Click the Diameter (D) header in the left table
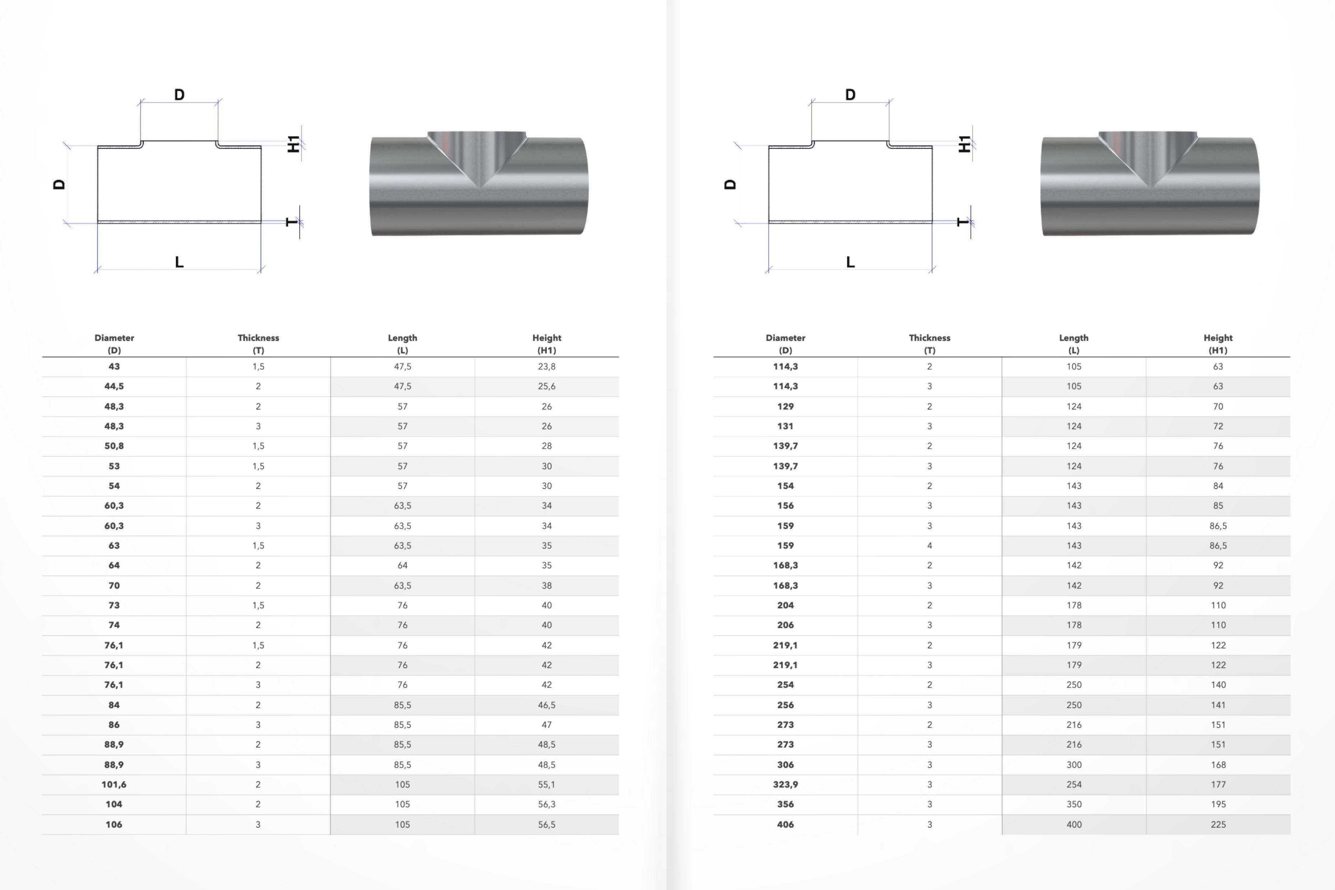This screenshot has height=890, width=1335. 114,343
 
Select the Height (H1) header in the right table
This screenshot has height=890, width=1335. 1218,343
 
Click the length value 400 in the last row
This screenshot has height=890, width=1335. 1074,824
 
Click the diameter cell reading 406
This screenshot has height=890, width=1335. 785,824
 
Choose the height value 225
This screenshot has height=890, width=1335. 1218,824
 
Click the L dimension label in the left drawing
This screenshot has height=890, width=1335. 179,262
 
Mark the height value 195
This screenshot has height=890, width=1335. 1218,804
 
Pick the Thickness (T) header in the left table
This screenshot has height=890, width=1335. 258,343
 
